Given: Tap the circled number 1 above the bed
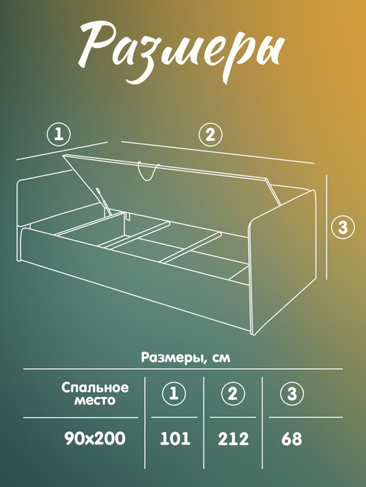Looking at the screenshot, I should (x=60, y=134).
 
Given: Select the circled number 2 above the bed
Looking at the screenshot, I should (x=209, y=134).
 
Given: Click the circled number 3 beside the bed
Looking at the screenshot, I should (x=343, y=227).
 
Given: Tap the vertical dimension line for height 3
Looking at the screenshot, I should (x=326, y=227).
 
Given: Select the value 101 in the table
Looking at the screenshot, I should (x=175, y=439).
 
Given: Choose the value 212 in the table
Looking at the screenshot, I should (x=233, y=439).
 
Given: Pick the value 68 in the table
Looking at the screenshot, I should (x=292, y=439).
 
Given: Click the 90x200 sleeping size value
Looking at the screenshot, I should (x=94, y=439).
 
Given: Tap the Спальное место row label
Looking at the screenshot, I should (x=94, y=394).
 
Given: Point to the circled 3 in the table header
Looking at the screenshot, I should (x=291, y=394).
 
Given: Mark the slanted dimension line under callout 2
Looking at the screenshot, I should (x=216, y=151).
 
